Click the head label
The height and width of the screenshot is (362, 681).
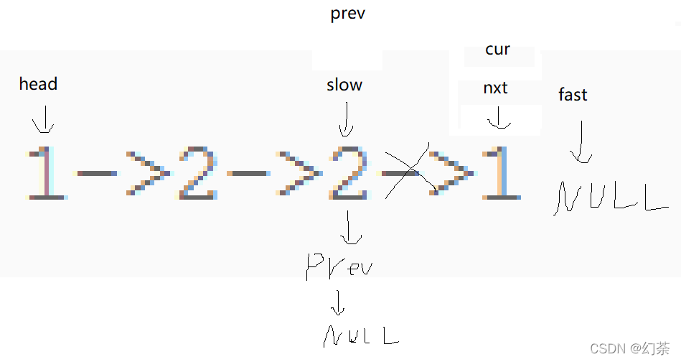tap(38, 84)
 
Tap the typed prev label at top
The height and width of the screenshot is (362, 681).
tap(347, 14)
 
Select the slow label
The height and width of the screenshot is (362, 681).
tap(344, 85)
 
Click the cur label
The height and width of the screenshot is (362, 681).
tap(497, 50)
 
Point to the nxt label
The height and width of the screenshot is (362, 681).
tap(495, 88)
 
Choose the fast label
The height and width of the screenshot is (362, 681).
tap(572, 95)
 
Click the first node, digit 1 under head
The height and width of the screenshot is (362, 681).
tap(46, 172)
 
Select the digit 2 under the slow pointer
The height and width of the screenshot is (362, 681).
tap(349, 172)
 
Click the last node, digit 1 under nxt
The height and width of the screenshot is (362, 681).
tap(500, 172)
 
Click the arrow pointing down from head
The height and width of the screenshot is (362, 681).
tap(44, 119)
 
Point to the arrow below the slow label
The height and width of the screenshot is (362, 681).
tap(346, 119)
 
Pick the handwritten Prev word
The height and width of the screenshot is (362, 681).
tap(339, 266)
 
